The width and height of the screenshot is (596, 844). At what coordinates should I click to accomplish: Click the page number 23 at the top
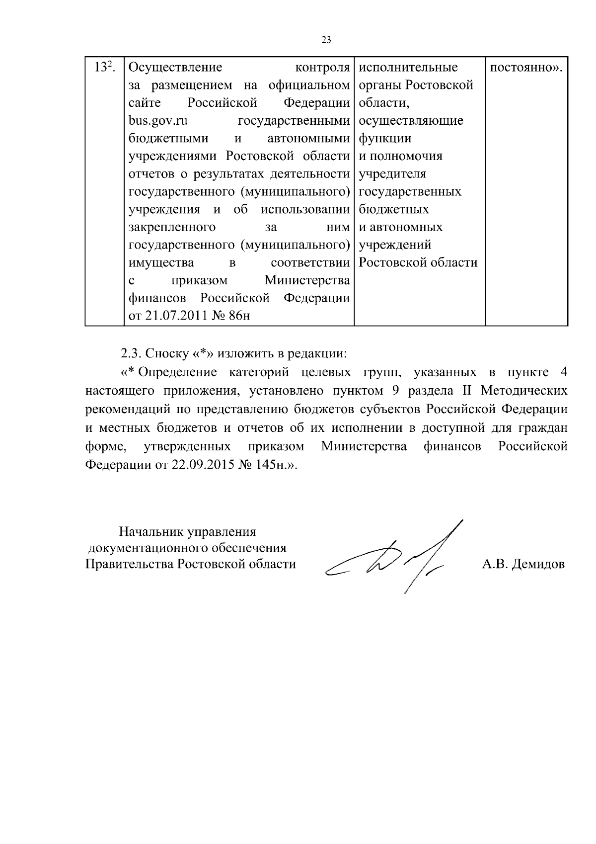pyautogui.click(x=326, y=41)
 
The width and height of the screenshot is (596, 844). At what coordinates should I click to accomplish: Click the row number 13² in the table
pyautogui.click(x=105, y=68)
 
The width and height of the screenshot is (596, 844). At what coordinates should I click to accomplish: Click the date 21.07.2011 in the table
pyautogui.click(x=174, y=316)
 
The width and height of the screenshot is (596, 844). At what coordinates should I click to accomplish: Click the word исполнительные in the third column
pyautogui.click(x=408, y=68)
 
